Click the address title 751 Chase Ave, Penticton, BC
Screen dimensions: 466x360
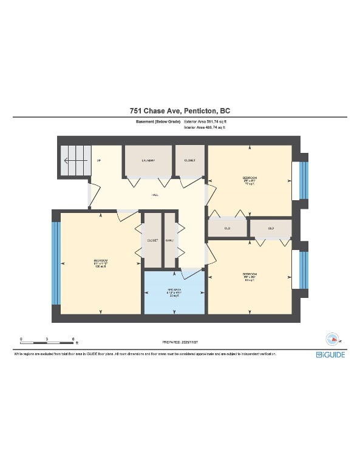180,111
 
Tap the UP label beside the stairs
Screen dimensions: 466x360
98,161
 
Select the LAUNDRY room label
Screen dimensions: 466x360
148,161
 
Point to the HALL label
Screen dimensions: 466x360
155,195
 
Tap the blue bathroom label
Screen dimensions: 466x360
175,292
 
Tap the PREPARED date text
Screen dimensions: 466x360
180,342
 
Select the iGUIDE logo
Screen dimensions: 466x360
330,354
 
